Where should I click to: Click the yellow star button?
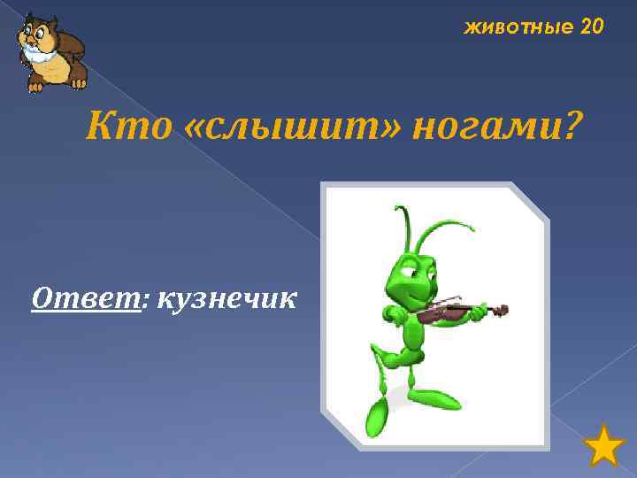point(605,446)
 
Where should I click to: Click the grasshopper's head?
point(412,274)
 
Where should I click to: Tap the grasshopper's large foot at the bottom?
point(378,416)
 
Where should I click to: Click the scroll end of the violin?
point(502,310)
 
